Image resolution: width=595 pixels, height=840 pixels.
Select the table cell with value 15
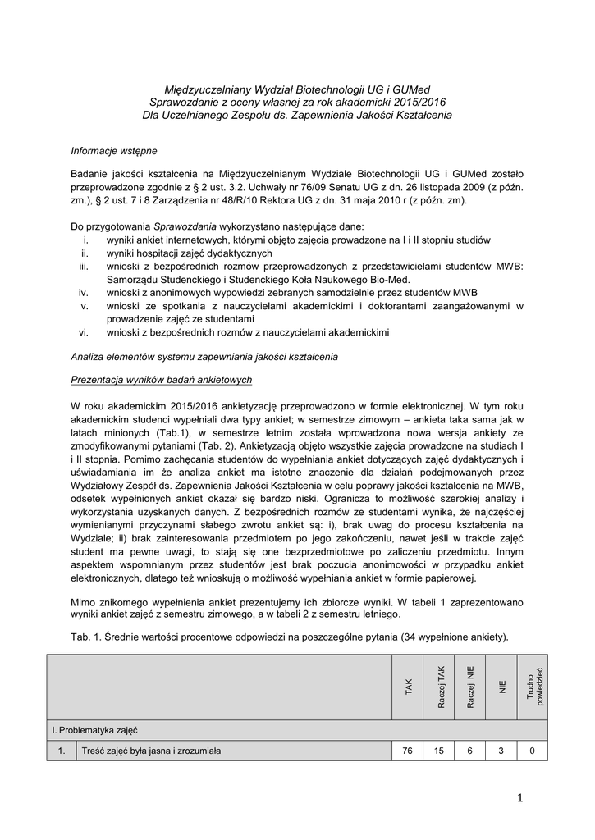pos(441,751)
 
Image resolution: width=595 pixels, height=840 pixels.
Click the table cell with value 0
pos(533,751)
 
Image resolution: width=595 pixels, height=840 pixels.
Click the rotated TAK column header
pos(409,687)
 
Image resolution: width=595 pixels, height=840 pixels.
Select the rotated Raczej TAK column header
pos(441,687)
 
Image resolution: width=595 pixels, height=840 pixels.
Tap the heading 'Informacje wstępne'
pos(113,151)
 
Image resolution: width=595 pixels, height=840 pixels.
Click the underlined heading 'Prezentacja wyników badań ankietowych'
pos(161,379)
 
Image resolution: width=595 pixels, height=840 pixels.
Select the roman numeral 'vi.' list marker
pos(83,331)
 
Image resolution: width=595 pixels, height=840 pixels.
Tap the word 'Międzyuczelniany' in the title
pos(204,89)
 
